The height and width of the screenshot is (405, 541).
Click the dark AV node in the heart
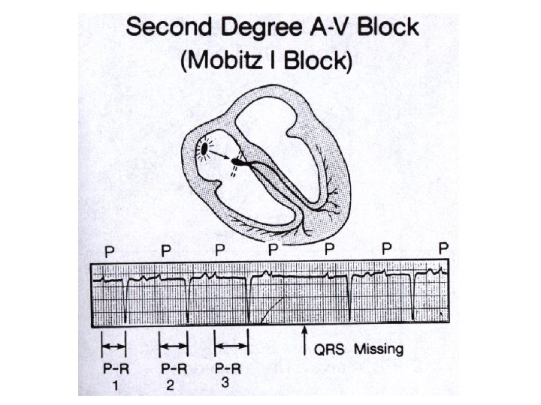pos(239,161)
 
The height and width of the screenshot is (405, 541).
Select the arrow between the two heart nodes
pos(222,156)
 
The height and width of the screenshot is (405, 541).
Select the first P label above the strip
pos(109,252)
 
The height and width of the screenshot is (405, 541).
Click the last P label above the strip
pos(444,247)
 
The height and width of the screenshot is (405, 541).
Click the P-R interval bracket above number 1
pos(114,346)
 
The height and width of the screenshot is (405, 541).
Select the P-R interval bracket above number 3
pos(231,346)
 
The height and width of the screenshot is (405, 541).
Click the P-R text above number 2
pos(174,369)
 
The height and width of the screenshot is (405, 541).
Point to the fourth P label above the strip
pos(274,248)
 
